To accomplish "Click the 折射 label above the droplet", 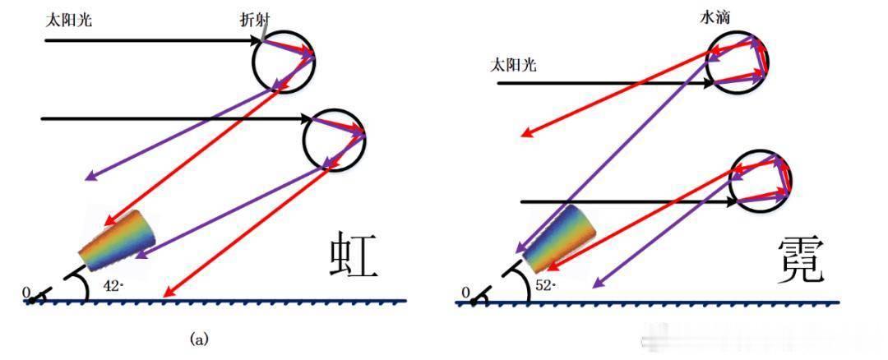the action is click(254, 21).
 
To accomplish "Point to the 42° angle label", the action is click(113, 286).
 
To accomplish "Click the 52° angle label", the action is click(546, 286).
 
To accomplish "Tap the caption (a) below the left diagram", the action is click(199, 339).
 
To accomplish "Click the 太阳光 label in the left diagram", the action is click(68, 21).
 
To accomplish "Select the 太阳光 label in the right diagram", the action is click(513, 66).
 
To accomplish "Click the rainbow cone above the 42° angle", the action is click(118, 241).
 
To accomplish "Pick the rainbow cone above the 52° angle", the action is click(559, 240).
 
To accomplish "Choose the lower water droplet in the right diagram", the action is click(730, 181).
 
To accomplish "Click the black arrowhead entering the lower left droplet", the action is click(307, 119).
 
